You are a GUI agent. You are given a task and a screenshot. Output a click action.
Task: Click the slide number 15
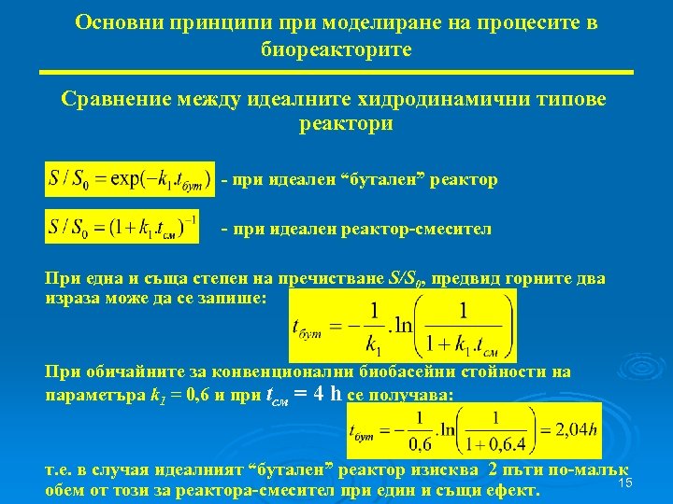(625, 482)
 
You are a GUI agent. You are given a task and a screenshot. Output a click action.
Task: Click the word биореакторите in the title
(336, 49)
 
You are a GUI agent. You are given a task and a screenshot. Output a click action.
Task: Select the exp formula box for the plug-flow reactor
(129, 179)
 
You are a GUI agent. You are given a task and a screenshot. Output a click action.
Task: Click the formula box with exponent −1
(122, 227)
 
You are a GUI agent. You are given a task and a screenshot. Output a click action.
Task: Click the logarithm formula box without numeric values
(402, 326)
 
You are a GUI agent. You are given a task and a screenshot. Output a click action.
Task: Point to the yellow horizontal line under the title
(336, 72)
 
